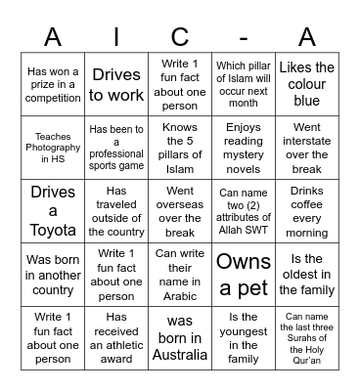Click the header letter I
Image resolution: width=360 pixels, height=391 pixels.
tap(116, 36)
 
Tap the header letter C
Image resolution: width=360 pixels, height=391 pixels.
tap(180, 36)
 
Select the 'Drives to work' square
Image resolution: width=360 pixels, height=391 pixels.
tap(116, 84)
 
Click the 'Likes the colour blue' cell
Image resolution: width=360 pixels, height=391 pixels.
tap(306, 84)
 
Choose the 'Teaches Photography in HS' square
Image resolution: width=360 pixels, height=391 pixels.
tap(53, 147)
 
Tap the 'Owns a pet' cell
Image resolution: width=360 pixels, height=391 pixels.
tap(243, 273)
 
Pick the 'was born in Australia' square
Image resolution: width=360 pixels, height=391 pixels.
tap(180, 336)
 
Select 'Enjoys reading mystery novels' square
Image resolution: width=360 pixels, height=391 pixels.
tap(243, 147)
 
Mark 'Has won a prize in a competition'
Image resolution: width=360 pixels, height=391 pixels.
tap(53, 84)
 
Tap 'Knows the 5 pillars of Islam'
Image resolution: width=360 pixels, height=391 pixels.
tap(180, 147)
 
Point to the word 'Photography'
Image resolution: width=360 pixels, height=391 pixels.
tap(53, 147)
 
